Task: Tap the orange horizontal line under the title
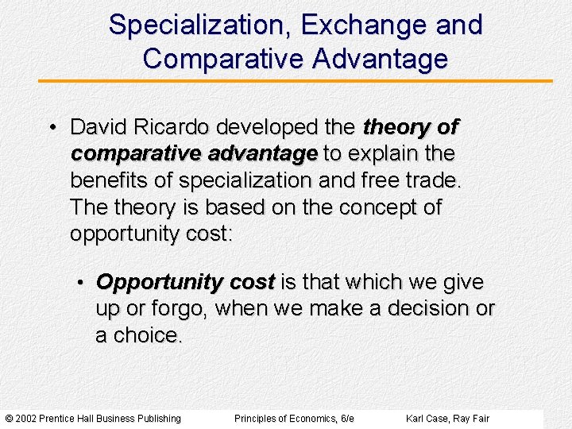(x=295, y=81)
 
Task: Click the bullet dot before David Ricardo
(x=51, y=128)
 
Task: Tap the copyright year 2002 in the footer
(x=27, y=419)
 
